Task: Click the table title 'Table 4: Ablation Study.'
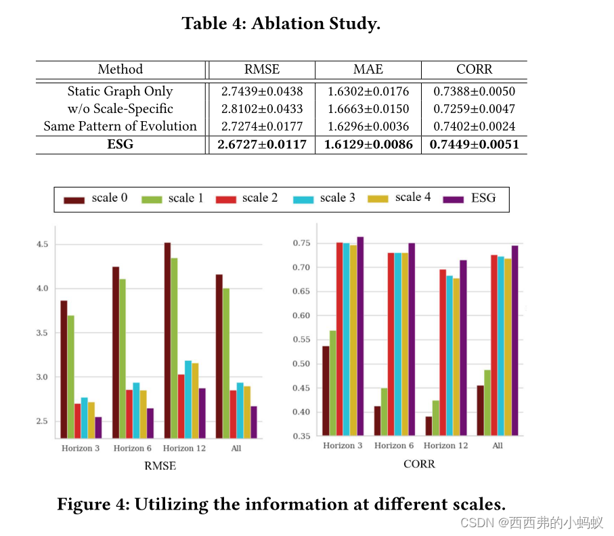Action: pos(281,24)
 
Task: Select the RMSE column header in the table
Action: pos(261,70)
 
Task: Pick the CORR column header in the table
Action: pos(474,70)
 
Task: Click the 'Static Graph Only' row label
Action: pos(120,91)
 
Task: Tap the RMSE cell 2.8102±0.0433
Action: pos(261,109)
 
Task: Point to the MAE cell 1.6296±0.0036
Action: pos(368,127)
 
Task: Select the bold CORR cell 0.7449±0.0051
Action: pos(474,145)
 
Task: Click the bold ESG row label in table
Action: pos(120,145)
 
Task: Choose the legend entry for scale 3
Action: pos(324,198)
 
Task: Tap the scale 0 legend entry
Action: pos(95,198)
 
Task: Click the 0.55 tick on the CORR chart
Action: pos(303,340)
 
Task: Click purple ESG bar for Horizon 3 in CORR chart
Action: pos(359,336)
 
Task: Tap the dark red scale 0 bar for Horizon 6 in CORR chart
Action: pos(377,421)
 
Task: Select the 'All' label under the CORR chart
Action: pos(498,445)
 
